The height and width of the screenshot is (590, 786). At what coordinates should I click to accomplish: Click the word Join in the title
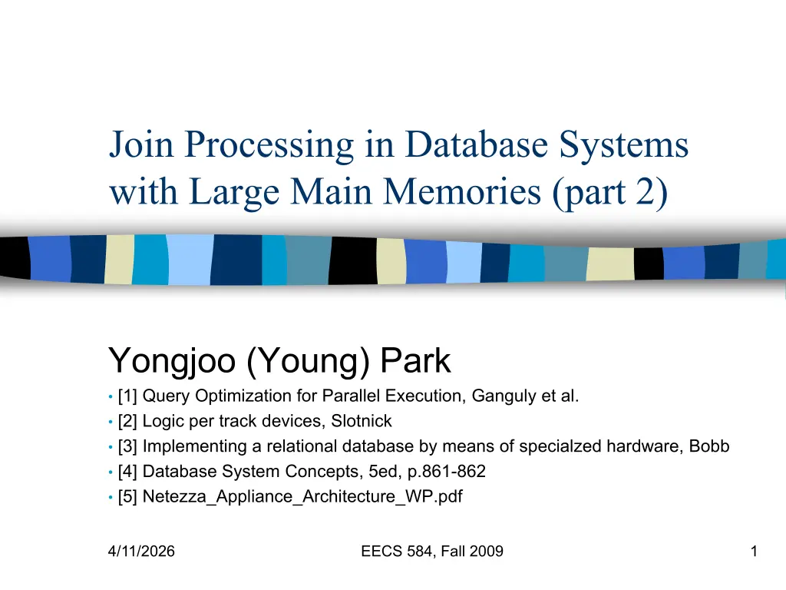tap(141, 145)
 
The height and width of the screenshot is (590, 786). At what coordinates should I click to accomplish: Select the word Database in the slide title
tap(476, 144)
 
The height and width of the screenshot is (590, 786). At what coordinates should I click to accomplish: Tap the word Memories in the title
tap(462, 191)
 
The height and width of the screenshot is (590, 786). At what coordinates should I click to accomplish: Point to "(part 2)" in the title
tap(610, 193)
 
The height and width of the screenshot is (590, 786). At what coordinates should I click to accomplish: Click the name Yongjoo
tap(172, 362)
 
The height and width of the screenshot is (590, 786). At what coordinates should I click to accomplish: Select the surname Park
tap(415, 360)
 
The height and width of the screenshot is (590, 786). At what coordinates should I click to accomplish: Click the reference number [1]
tap(127, 396)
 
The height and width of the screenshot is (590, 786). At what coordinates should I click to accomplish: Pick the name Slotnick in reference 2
tap(362, 421)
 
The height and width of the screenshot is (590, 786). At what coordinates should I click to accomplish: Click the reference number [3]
tap(127, 446)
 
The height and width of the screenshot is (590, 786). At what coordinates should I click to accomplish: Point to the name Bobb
tap(709, 446)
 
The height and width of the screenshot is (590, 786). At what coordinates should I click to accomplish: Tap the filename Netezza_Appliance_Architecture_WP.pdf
tap(302, 497)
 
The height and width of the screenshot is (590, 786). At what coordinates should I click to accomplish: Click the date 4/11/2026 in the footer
tap(141, 552)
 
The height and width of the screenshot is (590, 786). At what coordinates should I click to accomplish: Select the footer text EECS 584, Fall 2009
tap(432, 552)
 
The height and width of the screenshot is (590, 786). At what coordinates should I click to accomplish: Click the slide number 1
tap(754, 552)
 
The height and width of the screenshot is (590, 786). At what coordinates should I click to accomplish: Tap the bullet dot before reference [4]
tap(111, 472)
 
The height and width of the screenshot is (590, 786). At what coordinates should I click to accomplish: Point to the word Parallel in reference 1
tap(350, 396)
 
